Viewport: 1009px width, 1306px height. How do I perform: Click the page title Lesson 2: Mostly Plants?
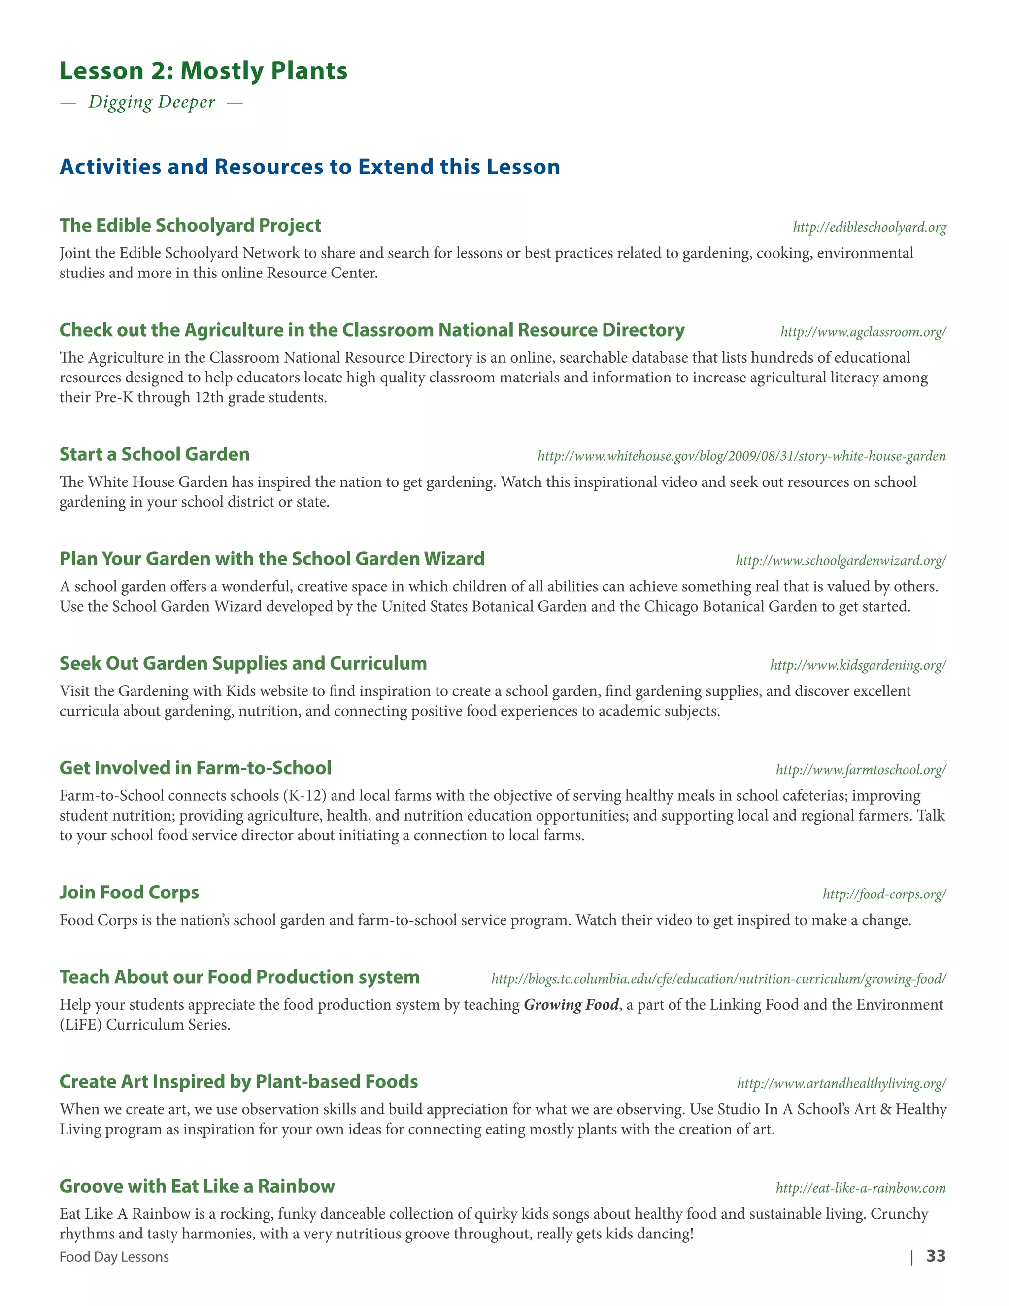click(203, 70)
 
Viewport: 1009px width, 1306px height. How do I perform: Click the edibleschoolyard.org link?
click(869, 227)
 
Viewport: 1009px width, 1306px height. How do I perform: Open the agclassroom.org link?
click(863, 332)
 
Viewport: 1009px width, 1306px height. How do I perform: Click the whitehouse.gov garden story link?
click(741, 456)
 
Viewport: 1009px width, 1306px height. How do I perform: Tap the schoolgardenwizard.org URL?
click(841, 561)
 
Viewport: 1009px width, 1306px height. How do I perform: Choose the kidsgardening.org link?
click(858, 665)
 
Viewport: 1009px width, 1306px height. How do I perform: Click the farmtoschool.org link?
click(861, 770)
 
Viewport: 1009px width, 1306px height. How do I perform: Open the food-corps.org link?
click(884, 894)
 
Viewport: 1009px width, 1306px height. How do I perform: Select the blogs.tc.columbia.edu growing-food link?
click(718, 979)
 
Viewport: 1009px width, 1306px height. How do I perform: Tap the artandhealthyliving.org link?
click(841, 1084)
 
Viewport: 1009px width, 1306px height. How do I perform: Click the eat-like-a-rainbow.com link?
click(861, 1188)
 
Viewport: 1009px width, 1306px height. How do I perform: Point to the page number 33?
click(936, 1256)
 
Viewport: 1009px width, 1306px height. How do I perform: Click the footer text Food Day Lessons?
click(114, 1257)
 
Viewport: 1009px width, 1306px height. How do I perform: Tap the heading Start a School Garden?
click(154, 454)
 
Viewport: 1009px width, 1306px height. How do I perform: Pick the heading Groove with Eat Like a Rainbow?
click(197, 1186)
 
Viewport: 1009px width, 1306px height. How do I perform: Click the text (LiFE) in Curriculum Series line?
click(81, 1025)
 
